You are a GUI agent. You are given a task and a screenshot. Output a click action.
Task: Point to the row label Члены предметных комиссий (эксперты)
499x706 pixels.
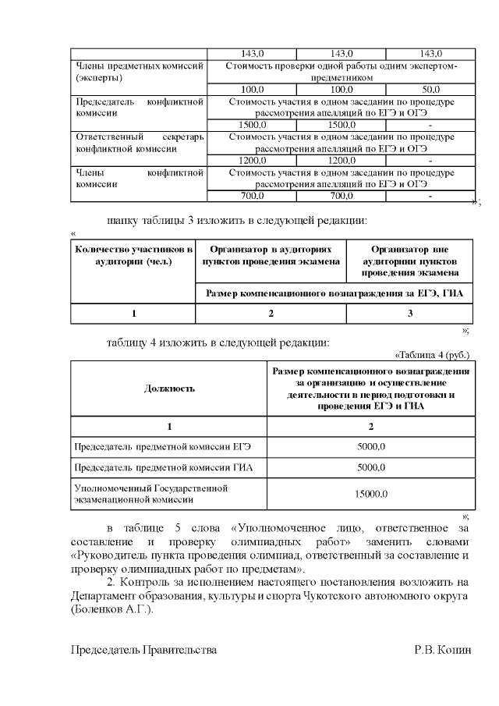pos(138,72)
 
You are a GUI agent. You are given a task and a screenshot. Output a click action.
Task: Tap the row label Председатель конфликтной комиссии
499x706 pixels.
pos(138,107)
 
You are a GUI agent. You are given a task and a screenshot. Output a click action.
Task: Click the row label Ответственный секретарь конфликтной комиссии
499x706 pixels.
pos(138,142)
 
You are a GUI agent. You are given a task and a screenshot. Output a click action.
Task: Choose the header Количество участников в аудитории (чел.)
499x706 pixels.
pos(133,255)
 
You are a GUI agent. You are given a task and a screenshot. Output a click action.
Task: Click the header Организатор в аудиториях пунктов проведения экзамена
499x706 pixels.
pos(271,255)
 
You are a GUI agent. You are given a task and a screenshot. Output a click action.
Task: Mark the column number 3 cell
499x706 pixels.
pos(410,314)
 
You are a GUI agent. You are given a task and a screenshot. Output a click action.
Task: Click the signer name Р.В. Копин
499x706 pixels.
pos(443,650)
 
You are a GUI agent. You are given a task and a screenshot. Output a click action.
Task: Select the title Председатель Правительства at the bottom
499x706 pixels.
pos(143,650)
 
